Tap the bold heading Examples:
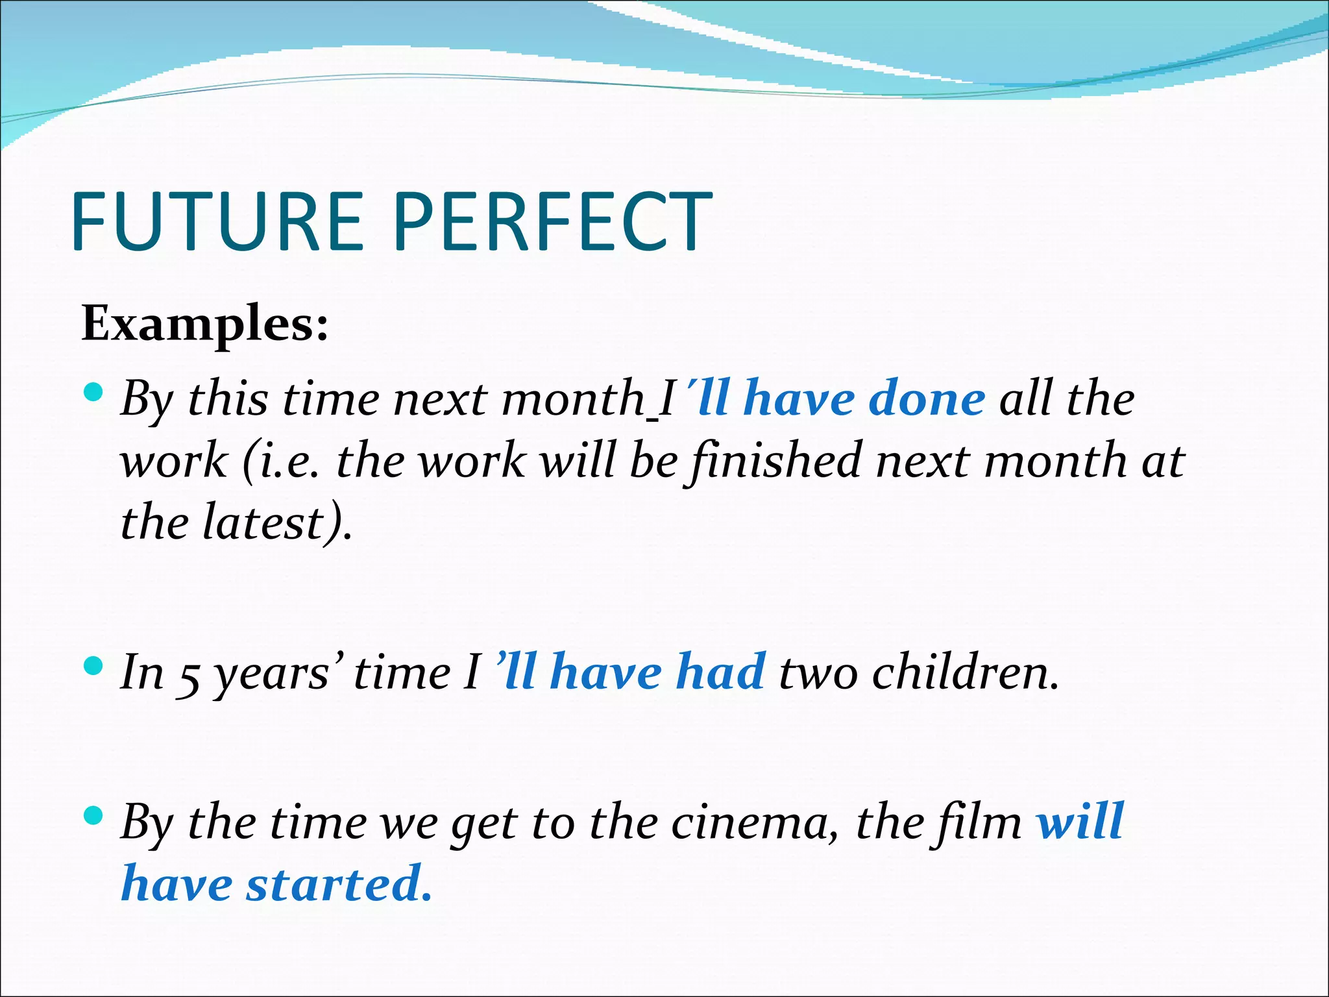click(x=204, y=323)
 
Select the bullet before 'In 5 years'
click(x=95, y=666)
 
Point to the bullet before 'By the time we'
click(x=95, y=816)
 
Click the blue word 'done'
click(x=927, y=399)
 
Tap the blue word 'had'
click(x=720, y=672)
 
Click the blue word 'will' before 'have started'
click(x=1080, y=822)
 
